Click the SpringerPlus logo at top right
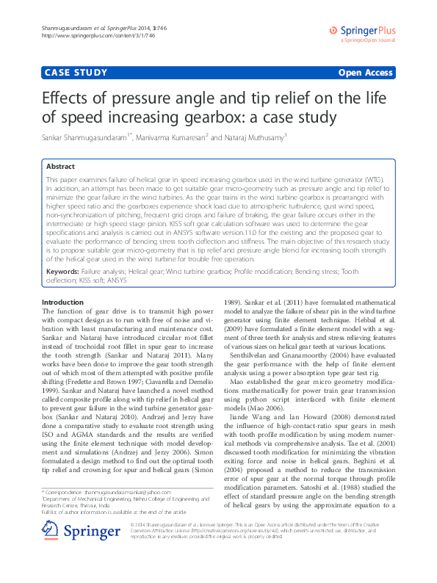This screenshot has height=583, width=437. coord(365,31)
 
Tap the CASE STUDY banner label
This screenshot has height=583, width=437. coord(76,73)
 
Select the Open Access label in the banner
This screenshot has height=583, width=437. coord(365,73)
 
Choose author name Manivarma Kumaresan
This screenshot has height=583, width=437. coord(174,137)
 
